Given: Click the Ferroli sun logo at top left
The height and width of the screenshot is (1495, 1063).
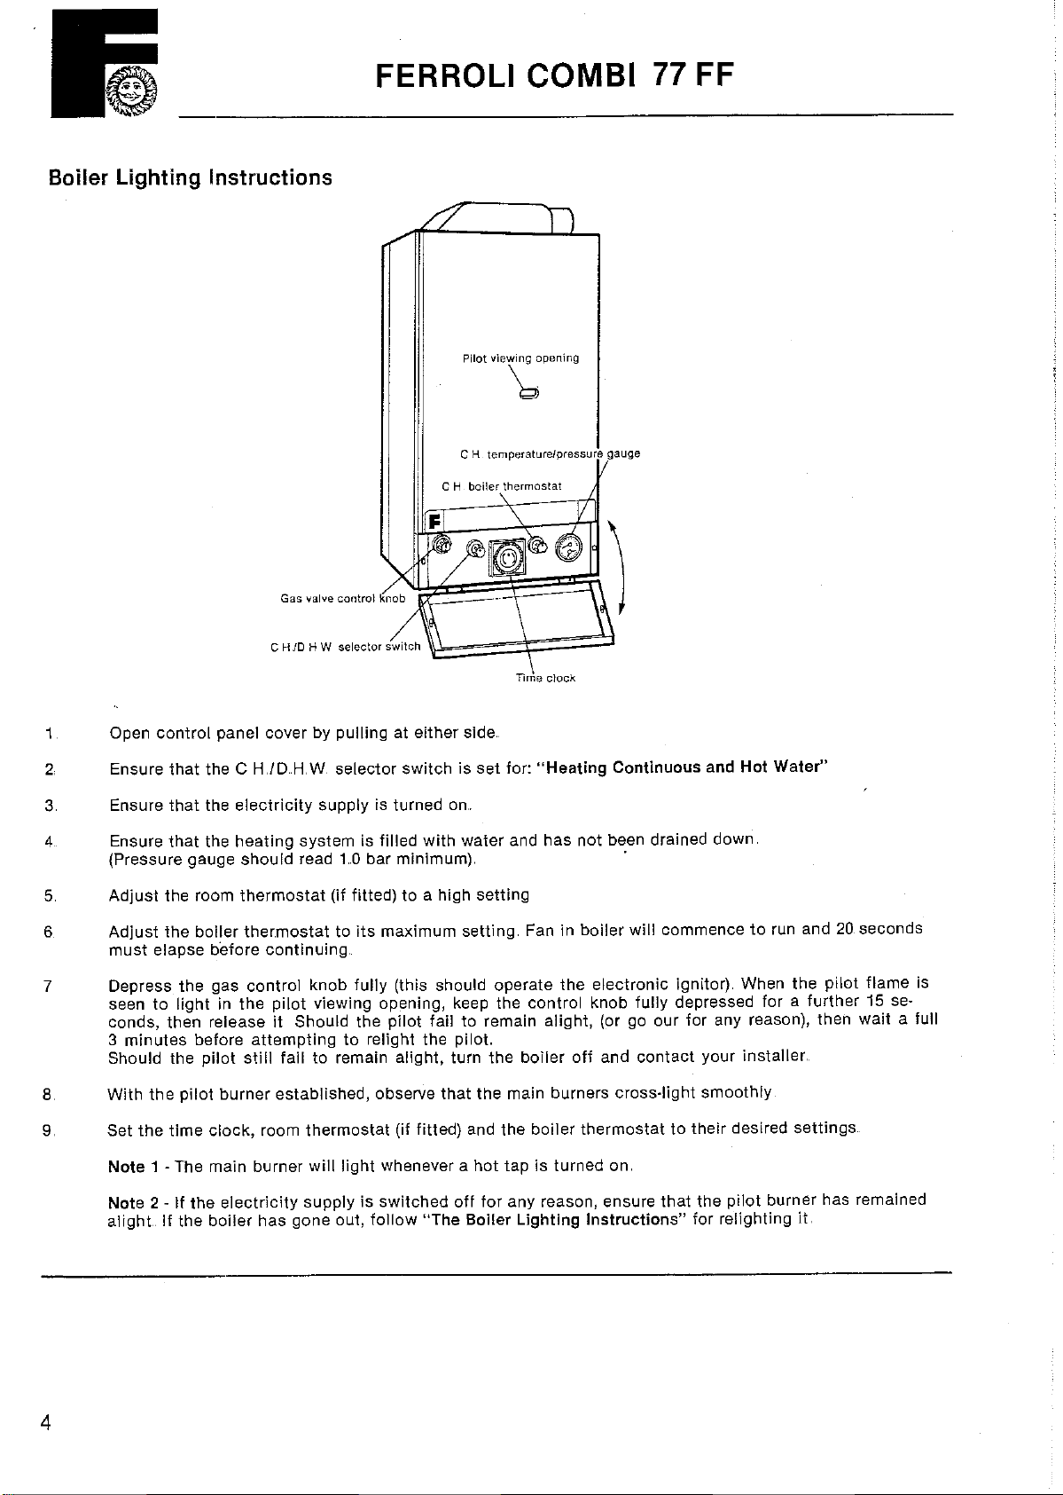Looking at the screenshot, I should point(130,90).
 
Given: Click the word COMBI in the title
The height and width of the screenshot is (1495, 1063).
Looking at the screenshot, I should point(579,76).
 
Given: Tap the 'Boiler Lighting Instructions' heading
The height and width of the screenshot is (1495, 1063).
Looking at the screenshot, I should point(190,177).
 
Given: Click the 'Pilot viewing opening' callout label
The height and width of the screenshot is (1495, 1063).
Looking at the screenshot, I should point(520,358).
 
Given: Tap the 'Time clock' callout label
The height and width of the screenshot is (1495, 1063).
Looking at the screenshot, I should point(545,678).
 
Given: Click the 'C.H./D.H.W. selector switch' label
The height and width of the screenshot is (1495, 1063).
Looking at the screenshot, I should point(345,647).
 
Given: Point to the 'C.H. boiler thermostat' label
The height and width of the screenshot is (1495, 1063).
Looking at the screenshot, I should point(502,486).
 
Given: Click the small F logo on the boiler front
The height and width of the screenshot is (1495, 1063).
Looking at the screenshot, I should point(435,521).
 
